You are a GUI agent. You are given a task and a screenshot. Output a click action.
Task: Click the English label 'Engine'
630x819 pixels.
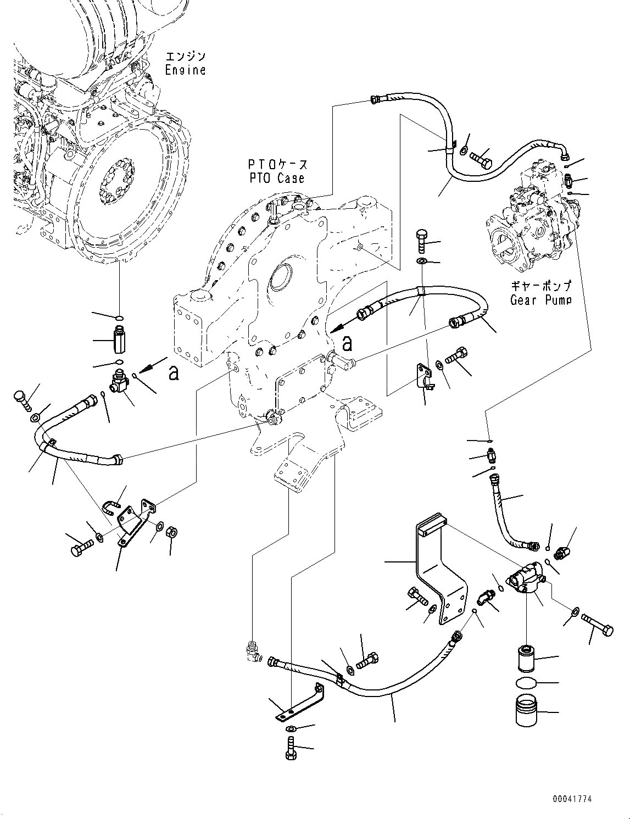[x=186, y=70]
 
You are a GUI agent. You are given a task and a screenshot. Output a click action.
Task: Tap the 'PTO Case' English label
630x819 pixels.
[x=275, y=179]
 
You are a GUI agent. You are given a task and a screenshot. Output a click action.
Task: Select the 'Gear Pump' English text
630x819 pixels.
[x=540, y=300]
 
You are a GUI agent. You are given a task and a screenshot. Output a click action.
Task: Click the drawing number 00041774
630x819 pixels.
[x=573, y=799]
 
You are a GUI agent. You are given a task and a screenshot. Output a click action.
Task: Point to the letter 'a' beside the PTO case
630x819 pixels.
[x=347, y=344]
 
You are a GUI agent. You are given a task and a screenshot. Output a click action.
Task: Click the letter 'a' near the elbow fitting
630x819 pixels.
[x=174, y=373]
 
